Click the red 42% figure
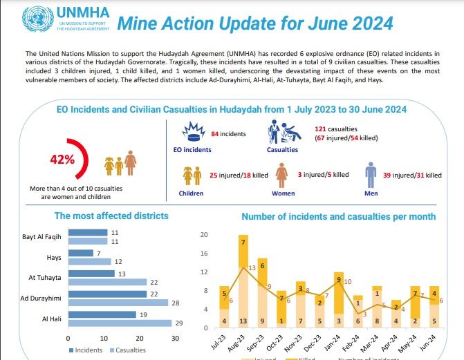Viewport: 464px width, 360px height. (x=62, y=159)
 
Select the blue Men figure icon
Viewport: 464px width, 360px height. (x=371, y=175)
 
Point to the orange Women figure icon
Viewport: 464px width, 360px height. (x=282, y=176)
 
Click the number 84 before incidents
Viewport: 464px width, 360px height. (x=215, y=133)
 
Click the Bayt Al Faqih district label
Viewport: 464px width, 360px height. (x=42, y=237)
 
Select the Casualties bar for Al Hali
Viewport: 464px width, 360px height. (x=120, y=323)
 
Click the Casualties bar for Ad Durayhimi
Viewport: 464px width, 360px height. (x=118, y=303)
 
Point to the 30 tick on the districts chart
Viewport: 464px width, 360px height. (x=174, y=338)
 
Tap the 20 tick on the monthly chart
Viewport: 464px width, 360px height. (x=203, y=235)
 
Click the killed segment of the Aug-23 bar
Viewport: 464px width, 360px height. (x=243, y=252)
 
